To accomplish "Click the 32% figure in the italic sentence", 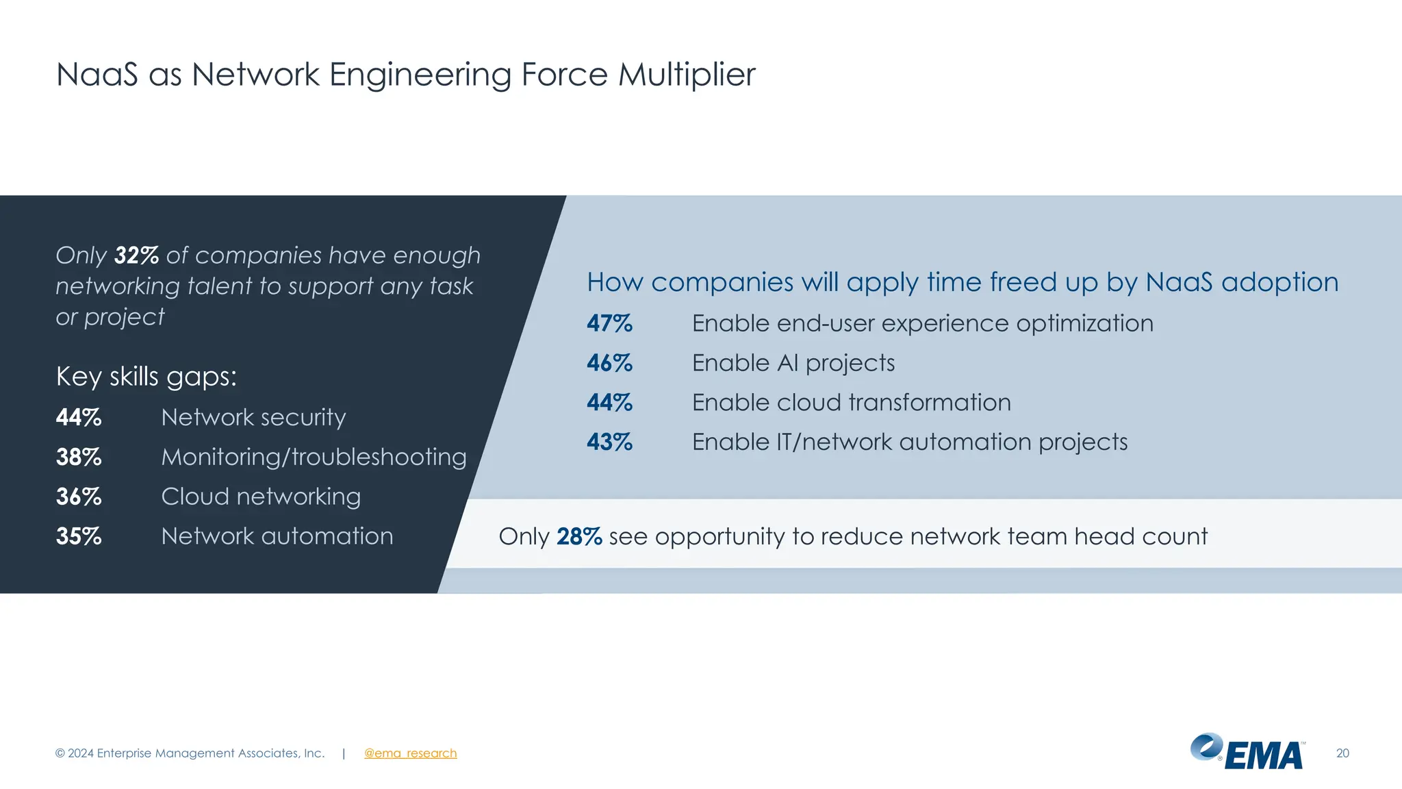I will click(x=136, y=255).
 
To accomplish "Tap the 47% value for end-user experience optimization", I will click(x=609, y=323).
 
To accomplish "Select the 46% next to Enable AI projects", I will click(x=609, y=363).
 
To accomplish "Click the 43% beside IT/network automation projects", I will click(x=609, y=442).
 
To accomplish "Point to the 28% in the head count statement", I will click(x=579, y=536).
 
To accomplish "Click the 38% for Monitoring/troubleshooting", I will click(x=79, y=457).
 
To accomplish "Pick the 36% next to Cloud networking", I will click(x=79, y=497).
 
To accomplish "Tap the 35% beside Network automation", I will click(x=79, y=536).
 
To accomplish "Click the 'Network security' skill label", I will click(x=253, y=417).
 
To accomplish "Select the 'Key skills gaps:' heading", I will click(x=146, y=377).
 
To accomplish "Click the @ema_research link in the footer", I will click(x=410, y=753).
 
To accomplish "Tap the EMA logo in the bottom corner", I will click(x=1247, y=752).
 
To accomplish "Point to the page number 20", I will click(x=1342, y=753).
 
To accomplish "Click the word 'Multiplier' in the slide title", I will click(x=687, y=75).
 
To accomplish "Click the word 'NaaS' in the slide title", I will click(x=97, y=75).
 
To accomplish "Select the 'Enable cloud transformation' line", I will click(x=851, y=403).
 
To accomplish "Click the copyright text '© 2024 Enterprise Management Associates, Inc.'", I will click(x=190, y=753).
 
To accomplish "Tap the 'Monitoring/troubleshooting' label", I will click(x=314, y=457).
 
